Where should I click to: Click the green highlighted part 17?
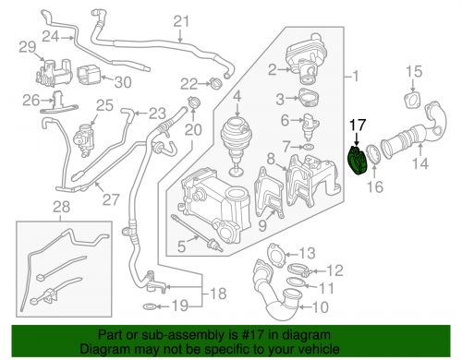(x=358, y=161)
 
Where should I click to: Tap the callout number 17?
(x=358, y=126)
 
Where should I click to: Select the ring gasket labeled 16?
(x=373, y=154)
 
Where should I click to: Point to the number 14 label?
(x=420, y=163)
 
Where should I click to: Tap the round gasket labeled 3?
(x=309, y=98)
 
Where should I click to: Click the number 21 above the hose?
(x=181, y=21)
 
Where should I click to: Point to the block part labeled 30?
(x=89, y=75)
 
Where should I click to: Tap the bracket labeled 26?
(x=58, y=102)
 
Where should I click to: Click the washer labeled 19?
(x=150, y=306)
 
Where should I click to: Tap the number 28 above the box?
(x=61, y=207)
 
